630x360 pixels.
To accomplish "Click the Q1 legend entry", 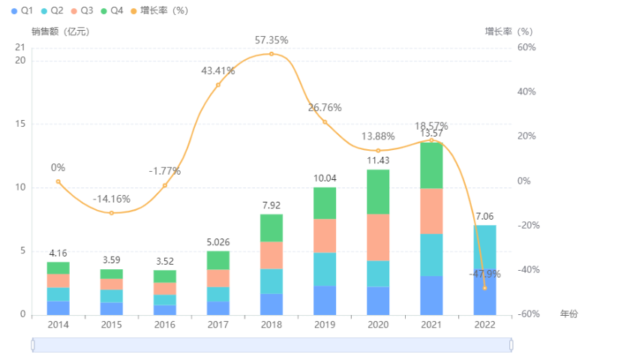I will [19, 11].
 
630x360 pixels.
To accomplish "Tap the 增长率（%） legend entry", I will [159, 11].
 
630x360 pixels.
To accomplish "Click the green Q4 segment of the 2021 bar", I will [431, 165].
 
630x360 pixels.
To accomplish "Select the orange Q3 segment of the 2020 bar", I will [378, 237].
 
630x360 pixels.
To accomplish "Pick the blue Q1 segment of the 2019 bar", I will [325, 300].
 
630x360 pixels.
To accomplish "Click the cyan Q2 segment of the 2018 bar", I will [271, 281].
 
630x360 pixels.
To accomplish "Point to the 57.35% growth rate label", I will [271, 40].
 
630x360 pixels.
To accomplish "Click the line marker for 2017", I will [218, 85].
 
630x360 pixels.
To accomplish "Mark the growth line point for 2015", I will [112, 213].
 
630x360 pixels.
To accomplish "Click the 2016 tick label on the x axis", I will [165, 325].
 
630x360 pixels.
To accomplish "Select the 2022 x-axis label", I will [484, 325].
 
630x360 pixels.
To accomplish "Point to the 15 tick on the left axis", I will [20, 124].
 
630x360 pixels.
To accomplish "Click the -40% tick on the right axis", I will [528, 270].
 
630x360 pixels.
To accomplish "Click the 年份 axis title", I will [569, 313].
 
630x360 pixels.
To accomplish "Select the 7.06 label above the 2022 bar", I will [484, 216].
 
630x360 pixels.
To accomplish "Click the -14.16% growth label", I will [112, 199].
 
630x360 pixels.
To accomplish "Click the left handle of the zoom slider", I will [33, 344].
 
